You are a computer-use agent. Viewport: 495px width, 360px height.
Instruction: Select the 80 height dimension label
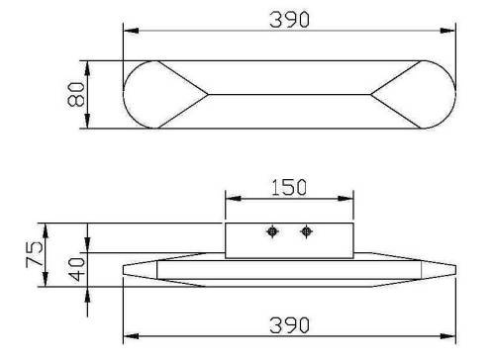click(x=74, y=95)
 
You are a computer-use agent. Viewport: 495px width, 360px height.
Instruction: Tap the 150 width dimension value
click(x=288, y=187)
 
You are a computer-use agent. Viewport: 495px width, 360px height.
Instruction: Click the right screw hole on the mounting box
click(x=305, y=232)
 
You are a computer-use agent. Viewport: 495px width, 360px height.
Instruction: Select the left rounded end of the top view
click(x=144, y=95)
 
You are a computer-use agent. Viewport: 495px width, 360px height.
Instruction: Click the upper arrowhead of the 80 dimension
click(x=88, y=65)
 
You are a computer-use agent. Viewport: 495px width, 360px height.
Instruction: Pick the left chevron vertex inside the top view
click(x=207, y=95)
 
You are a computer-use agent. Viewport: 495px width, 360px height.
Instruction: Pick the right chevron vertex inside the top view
click(x=371, y=95)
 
